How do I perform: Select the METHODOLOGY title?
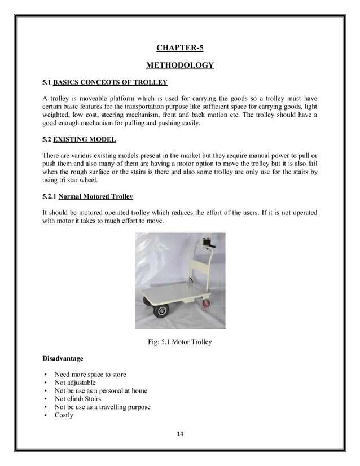click(180, 65)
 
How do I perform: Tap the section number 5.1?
click(47, 83)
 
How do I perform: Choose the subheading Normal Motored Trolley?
click(95, 197)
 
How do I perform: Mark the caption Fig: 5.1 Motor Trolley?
click(180, 342)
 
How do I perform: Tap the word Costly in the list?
click(64, 415)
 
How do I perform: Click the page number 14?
click(180, 433)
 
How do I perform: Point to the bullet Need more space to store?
click(90, 375)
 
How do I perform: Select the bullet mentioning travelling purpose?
click(102, 407)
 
